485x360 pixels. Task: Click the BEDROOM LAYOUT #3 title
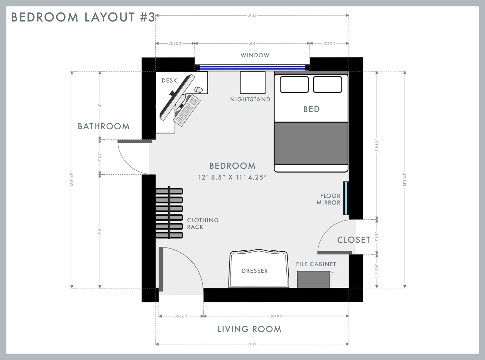(x=83, y=17)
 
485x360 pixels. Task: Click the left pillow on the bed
(x=294, y=84)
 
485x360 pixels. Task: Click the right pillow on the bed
(x=327, y=84)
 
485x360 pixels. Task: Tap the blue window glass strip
(x=252, y=68)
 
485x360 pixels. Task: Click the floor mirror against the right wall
(x=346, y=198)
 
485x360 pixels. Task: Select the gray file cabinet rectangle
(x=314, y=280)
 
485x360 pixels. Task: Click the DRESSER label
(x=255, y=271)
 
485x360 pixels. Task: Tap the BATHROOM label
(x=104, y=126)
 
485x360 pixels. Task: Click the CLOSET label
(x=354, y=240)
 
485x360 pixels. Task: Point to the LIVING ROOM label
(x=249, y=329)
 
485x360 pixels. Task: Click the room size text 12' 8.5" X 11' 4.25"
(x=232, y=177)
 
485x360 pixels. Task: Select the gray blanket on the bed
(x=311, y=143)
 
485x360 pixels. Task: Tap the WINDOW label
(x=255, y=55)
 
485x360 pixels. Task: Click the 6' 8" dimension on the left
(x=100, y=231)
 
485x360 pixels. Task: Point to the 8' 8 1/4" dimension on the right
(x=377, y=146)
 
